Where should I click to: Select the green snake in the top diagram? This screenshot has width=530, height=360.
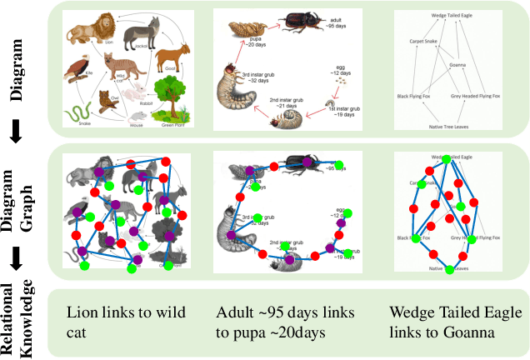point(79,112)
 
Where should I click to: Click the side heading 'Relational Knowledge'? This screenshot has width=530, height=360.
point(23,318)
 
